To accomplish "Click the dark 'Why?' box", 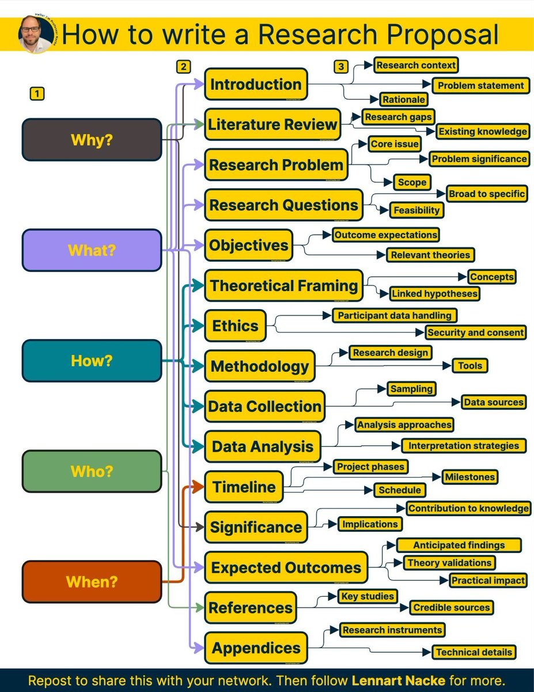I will click(92, 140).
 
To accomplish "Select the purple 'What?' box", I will click(92, 250).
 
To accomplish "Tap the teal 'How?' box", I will click(92, 361).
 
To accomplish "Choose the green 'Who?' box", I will click(92, 472).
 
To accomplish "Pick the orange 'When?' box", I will click(92, 582).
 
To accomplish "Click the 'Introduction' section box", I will click(256, 84).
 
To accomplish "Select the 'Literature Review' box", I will click(272, 125).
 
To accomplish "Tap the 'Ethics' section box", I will click(235, 326).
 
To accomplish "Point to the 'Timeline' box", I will click(244, 487).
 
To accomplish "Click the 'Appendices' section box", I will click(256, 648).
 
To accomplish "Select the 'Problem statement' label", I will click(480, 86).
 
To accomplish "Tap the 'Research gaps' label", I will click(398, 117).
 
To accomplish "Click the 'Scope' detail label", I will click(412, 182).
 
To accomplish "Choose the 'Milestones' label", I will click(469, 477).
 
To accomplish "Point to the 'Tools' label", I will click(470, 366).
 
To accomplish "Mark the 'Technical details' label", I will click(474, 652).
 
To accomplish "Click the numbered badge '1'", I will click(37, 93).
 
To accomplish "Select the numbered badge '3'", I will click(341, 67).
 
